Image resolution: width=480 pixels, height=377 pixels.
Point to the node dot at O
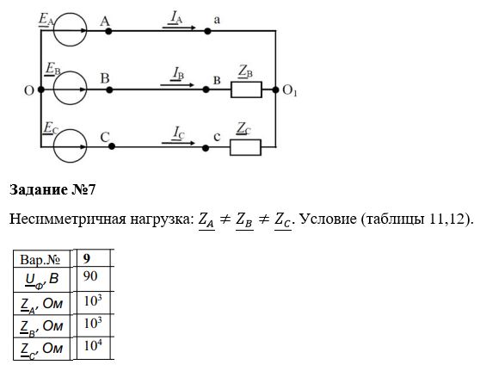41,90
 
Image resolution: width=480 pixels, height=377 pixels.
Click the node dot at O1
275,90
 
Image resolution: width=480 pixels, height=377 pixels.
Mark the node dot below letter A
108,31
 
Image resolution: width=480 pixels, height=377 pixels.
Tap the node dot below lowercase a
207,31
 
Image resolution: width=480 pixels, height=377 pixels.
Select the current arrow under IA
179,28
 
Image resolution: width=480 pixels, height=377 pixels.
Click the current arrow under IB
177,85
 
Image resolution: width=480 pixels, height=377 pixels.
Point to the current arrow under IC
178,143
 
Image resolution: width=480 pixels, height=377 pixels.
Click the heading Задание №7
52,189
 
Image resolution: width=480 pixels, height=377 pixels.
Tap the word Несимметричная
67,219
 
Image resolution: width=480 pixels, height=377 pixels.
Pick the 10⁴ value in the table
93,349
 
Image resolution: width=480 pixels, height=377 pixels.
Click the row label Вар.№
40,260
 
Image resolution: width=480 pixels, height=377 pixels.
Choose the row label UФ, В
42,281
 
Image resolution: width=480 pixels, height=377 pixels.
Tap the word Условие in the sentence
328,219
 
